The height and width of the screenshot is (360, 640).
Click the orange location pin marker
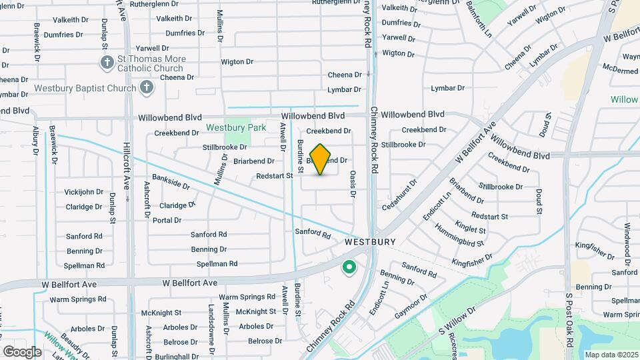coord(321,159)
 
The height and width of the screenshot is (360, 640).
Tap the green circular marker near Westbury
coord(348,269)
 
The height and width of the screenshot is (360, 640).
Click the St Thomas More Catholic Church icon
coord(107,63)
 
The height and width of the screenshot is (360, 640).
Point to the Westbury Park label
coord(235,127)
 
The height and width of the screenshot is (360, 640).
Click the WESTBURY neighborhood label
coord(370,243)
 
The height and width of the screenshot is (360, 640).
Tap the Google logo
coord(22,351)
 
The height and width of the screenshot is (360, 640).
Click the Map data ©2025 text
coord(611,355)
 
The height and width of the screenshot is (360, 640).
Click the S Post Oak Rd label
coord(569,320)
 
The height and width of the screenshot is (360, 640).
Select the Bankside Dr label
coord(171,181)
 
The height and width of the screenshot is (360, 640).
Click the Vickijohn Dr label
coord(83,192)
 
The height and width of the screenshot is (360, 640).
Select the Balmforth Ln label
coord(479,22)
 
